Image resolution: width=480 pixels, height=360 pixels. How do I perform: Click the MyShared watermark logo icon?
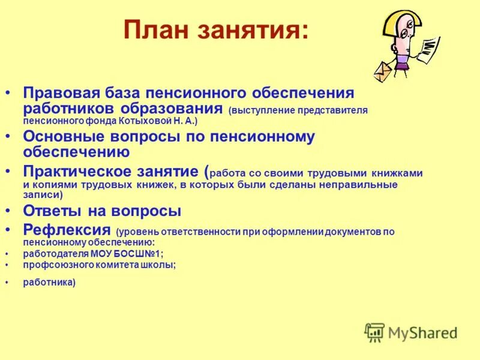[x=374, y=332]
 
